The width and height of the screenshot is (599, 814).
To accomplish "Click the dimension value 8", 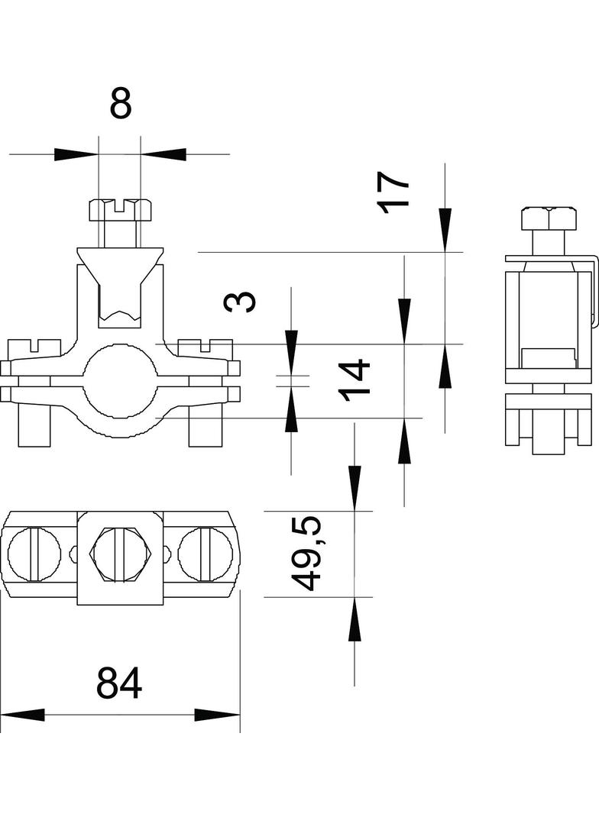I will (x=121, y=103).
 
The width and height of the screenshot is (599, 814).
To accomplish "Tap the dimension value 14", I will (x=356, y=380).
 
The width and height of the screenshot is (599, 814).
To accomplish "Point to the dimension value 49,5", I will (x=309, y=554).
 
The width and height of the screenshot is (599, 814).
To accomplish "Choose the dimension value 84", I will (x=119, y=683).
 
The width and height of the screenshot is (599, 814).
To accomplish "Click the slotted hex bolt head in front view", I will (x=121, y=208).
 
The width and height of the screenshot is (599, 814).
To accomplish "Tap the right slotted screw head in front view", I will (x=205, y=346).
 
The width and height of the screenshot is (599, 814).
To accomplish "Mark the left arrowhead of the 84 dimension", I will (x=23, y=715).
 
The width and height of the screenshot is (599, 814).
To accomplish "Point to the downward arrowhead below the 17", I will (x=445, y=229).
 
